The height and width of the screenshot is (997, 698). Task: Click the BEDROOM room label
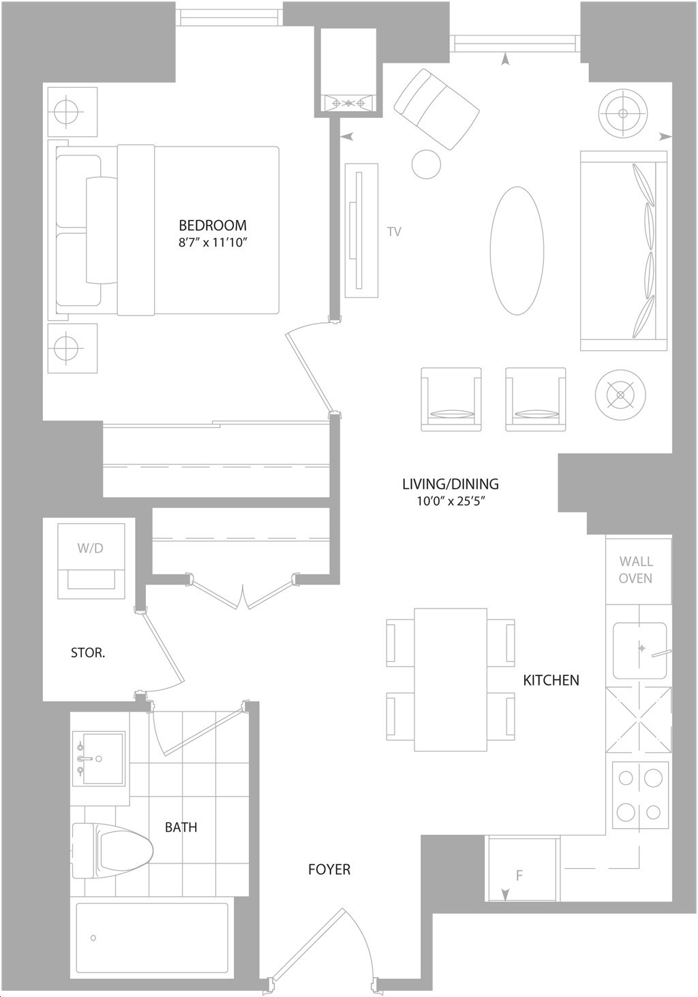coord(213,225)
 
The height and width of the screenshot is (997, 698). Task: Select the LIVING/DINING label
coord(450,484)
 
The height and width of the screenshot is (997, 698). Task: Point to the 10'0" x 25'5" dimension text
coord(451,502)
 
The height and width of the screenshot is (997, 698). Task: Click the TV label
coord(394,232)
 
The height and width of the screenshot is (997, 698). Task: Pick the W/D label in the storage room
coord(91,548)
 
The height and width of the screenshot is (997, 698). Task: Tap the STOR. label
coord(88,653)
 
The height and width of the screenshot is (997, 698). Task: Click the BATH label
coord(181,827)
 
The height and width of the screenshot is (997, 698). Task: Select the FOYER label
coord(329,870)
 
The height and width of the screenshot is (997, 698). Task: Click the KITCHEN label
coord(551,680)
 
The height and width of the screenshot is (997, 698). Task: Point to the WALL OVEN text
coord(636,570)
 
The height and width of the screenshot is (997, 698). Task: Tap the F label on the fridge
coord(519,876)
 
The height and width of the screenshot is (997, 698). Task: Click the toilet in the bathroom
coord(113,850)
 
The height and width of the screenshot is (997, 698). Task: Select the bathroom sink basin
coord(103,758)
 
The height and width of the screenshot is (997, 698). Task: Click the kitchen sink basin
coord(639,650)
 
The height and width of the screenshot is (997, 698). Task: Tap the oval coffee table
coord(517,251)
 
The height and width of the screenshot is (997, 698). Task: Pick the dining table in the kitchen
coord(451,679)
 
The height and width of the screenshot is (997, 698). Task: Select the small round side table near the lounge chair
coord(427,164)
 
